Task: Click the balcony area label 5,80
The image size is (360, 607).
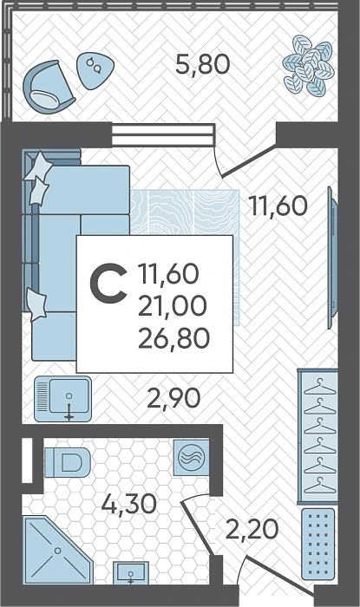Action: coord(202,64)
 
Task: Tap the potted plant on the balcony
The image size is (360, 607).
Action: coord(308,65)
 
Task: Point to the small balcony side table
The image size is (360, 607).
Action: coord(95,71)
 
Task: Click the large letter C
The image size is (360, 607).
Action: coord(108,283)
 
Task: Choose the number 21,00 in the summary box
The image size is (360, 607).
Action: coord(173,306)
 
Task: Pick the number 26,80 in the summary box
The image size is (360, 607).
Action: coord(173,338)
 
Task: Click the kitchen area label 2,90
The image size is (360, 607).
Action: coord(173,398)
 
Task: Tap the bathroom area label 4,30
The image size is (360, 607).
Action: coord(129,504)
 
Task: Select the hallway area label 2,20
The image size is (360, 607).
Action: coord(252,529)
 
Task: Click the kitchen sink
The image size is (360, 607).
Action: coord(62,399)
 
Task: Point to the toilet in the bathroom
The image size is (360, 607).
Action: coord(68,462)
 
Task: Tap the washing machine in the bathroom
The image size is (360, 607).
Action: coord(191,458)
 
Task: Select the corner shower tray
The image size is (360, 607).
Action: coord(56,550)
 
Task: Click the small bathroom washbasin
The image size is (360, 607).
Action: coord(131,572)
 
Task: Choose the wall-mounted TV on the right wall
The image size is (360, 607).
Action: coord(332,258)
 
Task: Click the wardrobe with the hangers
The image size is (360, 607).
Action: coord(317,436)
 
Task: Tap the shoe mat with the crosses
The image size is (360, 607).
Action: coord(317,544)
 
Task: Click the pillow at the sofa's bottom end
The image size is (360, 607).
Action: coord(36,304)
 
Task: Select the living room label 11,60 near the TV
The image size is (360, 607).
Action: coord(278,206)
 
